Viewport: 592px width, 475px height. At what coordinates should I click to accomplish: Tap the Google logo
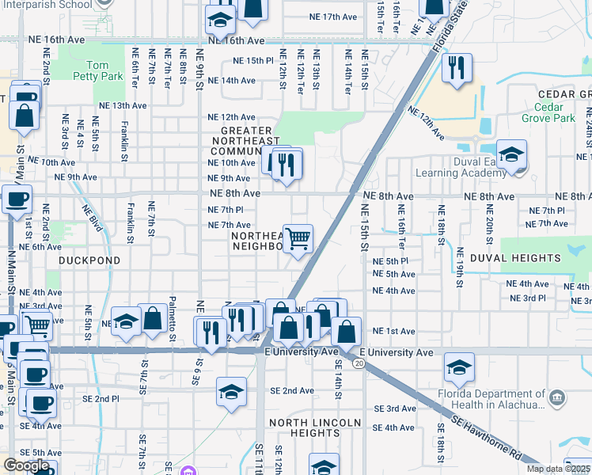(25, 465)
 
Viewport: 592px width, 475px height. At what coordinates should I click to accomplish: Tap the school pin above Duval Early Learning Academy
(512, 154)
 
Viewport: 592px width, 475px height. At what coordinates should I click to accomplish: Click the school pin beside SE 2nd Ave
(231, 393)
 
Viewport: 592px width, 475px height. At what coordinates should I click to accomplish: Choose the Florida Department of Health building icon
(557, 397)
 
